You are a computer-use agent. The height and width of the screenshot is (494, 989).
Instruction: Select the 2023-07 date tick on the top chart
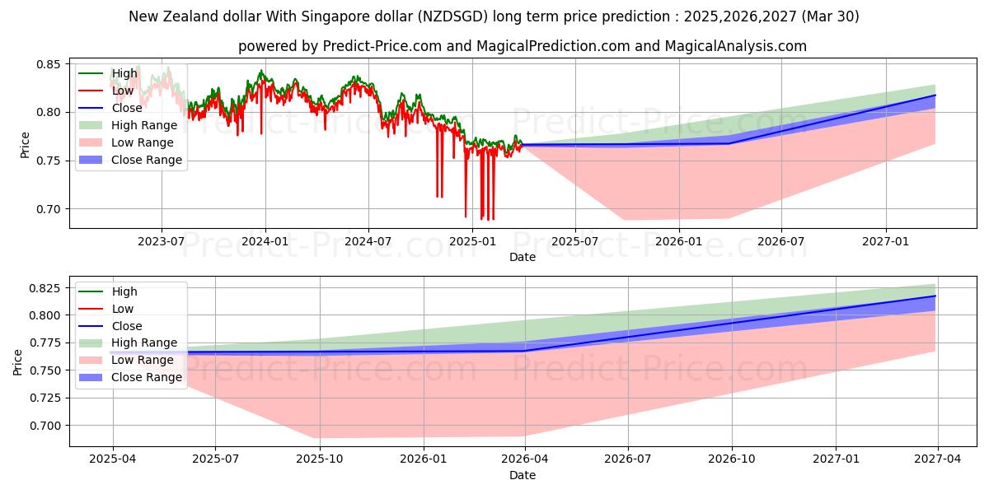(x=161, y=241)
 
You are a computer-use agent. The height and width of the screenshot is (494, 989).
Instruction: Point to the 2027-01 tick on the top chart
(x=886, y=241)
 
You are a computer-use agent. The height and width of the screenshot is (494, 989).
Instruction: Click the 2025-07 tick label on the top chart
(x=575, y=241)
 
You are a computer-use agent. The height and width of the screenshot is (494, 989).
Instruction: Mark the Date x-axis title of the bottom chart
(x=523, y=475)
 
